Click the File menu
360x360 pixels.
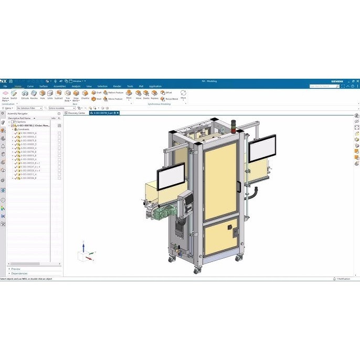coord(5,86)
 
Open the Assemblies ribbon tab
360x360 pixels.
coord(60,86)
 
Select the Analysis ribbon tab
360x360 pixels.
coord(76,86)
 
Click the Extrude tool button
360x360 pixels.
coord(25,94)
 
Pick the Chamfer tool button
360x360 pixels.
coord(85,94)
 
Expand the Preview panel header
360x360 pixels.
coord(16,269)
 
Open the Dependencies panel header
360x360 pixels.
coord(19,273)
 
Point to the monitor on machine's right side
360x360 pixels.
coord(262,149)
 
